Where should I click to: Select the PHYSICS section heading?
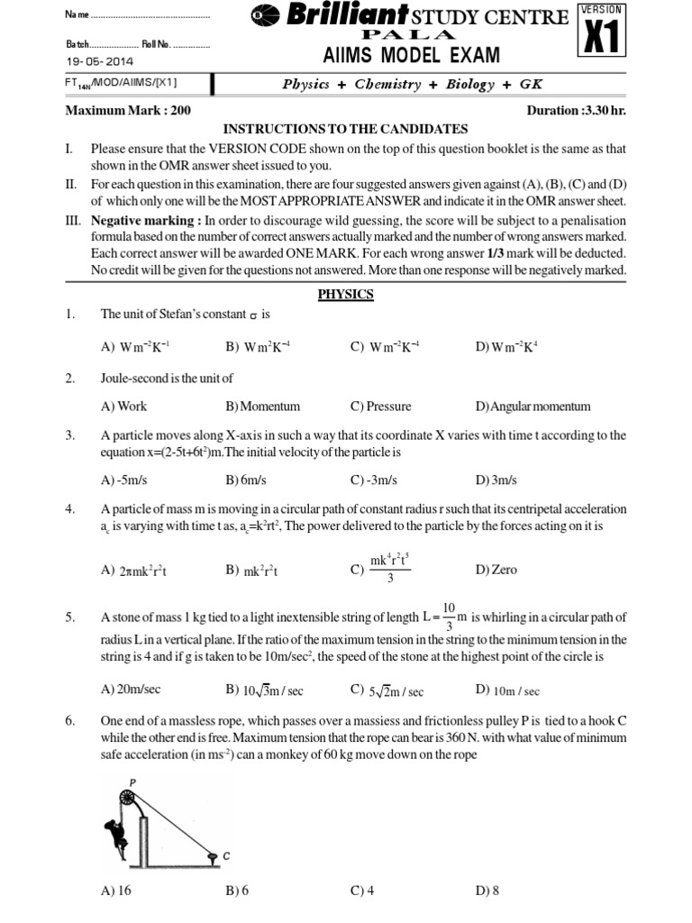(x=345, y=294)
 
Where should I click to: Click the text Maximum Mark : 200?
(x=127, y=111)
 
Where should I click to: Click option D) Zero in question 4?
(x=496, y=571)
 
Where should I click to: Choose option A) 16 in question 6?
(x=115, y=891)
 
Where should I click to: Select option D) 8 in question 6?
(x=487, y=891)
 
